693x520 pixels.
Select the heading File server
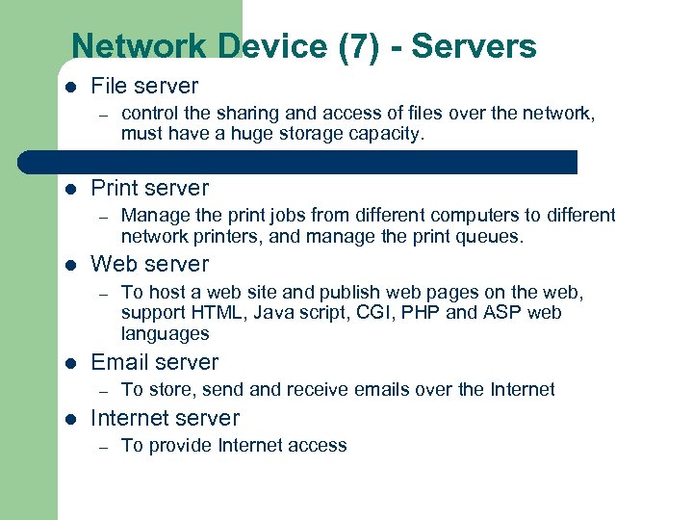coord(144,86)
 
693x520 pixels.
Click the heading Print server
coord(149,188)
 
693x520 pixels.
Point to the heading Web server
coord(149,264)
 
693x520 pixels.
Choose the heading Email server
coord(154,362)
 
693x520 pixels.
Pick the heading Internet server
coord(165,418)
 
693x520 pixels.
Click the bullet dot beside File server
coord(69,87)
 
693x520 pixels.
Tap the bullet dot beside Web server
coord(69,265)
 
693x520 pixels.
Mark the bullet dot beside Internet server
coord(69,419)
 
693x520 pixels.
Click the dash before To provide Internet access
coord(99,446)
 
